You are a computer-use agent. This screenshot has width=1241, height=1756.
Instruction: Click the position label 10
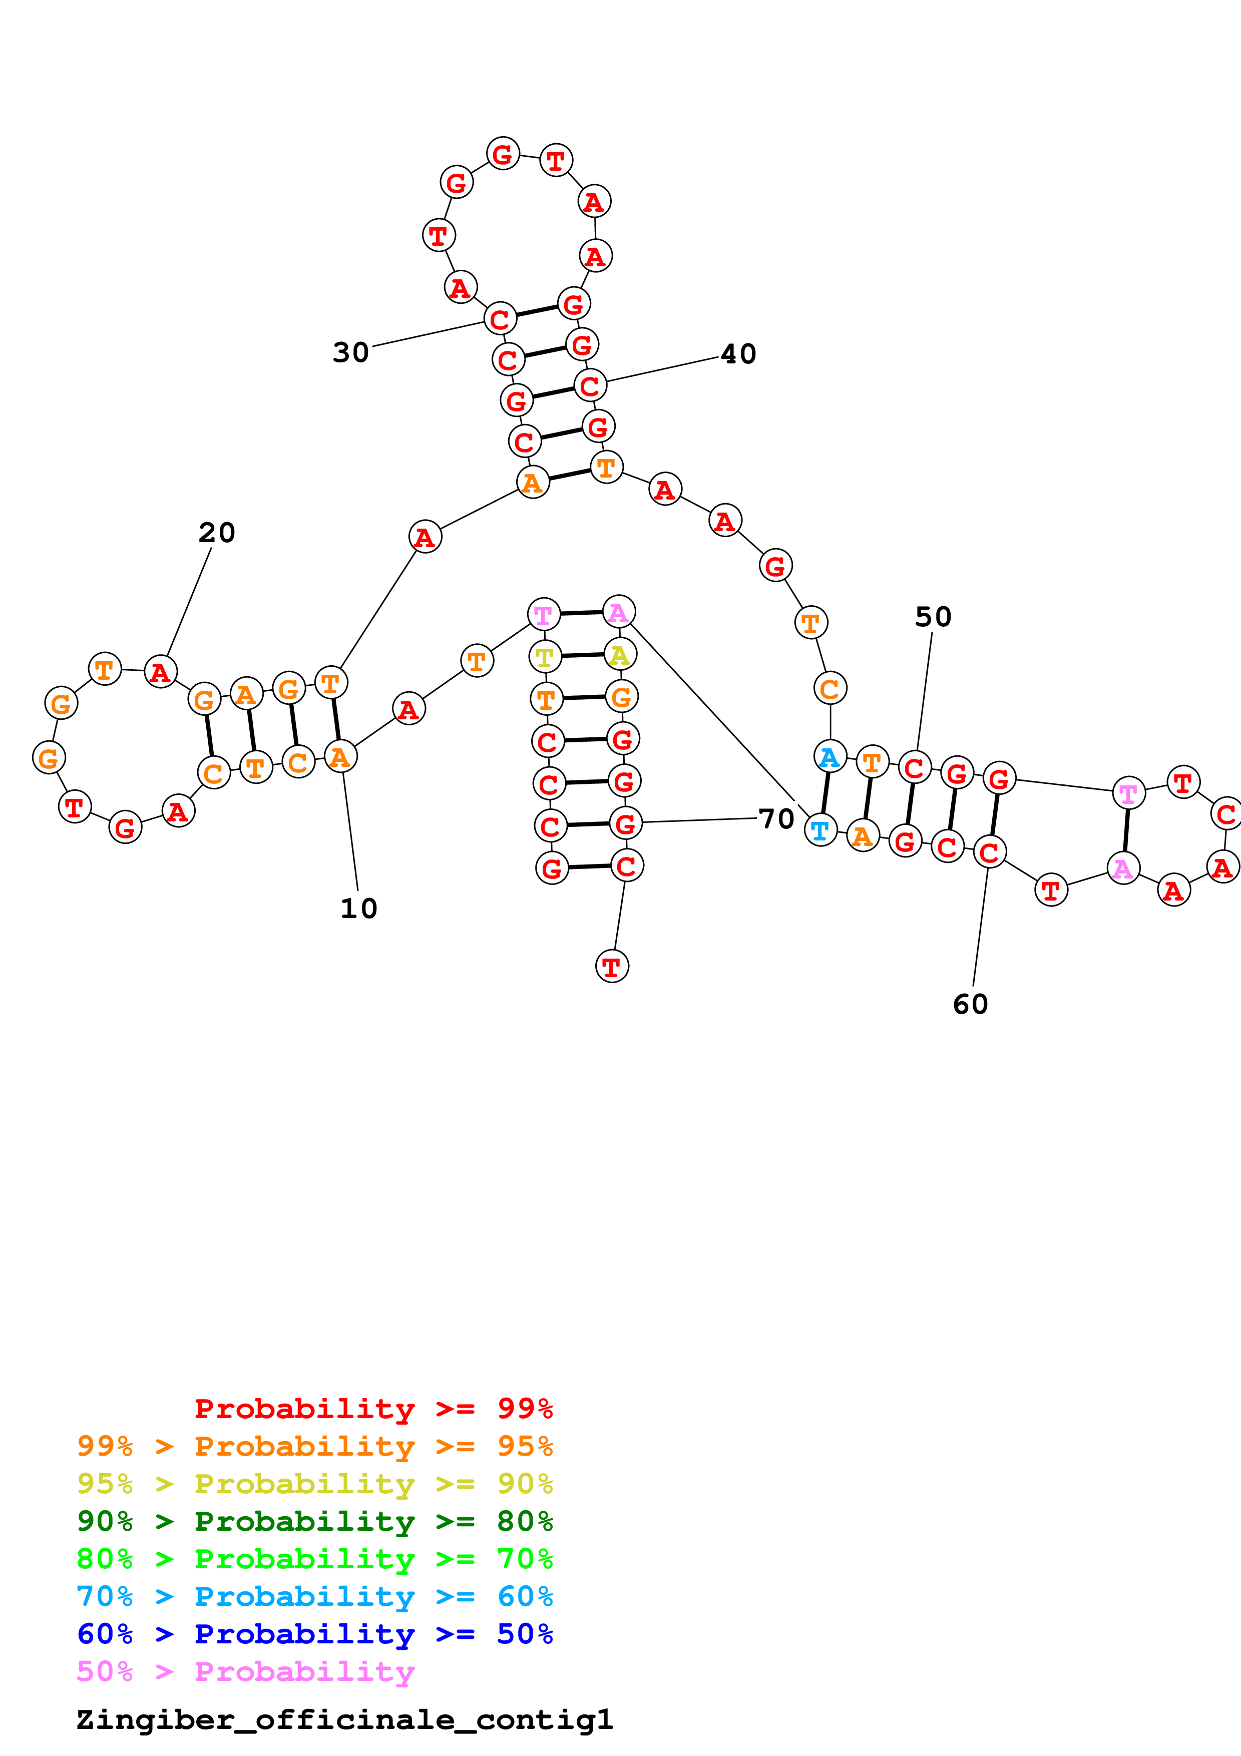(358, 909)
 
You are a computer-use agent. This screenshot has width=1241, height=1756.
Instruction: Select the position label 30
(351, 352)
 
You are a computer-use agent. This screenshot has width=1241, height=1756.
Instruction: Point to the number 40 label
(738, 354)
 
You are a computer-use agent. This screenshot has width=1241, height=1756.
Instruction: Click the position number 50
(933, 617)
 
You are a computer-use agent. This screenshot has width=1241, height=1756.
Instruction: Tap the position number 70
(776, 819)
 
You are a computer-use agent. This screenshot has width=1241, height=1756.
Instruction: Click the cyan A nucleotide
(830, 757)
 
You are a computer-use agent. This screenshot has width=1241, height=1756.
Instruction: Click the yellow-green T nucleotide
(545, 656)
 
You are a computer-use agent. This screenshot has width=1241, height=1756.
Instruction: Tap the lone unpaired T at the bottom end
(612, 967)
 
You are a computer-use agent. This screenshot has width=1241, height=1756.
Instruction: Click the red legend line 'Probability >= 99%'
(373, 1409)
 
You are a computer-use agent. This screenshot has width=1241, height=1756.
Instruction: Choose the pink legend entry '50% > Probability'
(245, 1672)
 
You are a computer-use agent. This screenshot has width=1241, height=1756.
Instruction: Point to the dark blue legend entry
(314, 1634)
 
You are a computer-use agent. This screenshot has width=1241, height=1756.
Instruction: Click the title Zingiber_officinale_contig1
(344, 1720)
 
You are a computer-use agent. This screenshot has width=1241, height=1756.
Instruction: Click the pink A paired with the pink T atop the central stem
(619, 613)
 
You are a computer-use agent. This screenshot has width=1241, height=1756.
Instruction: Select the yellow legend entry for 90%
(314, 1485)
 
